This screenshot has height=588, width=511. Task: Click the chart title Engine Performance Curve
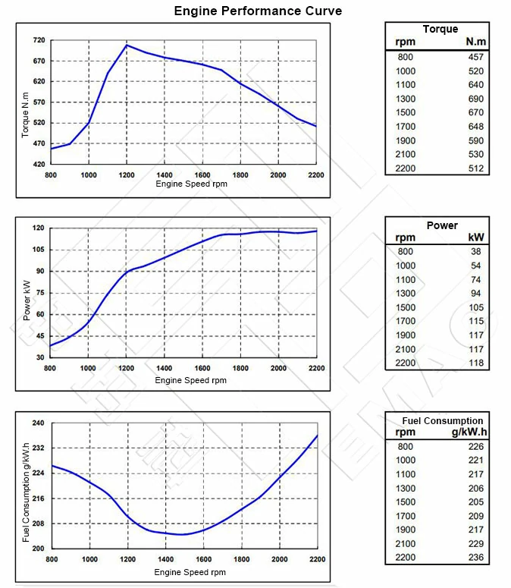(x=258, y=11)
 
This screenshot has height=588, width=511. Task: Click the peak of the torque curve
(x=127, y=46)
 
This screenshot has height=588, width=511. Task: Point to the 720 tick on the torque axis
(x=39, y=39)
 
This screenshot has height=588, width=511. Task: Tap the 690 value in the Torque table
(x=475, y=99)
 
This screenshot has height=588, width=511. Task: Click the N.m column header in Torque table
(x=475, y=42)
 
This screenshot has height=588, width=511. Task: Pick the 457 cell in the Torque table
(x=475, y=57)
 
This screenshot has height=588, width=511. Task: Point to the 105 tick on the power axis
(x=37, y=250)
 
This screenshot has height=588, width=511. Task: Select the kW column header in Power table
(x=477, y=237)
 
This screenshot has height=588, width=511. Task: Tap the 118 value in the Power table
(x=477, y=363)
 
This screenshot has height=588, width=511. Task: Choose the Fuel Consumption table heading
(x=442, y=420)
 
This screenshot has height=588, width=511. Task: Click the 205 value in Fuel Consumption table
(x=475, y=502)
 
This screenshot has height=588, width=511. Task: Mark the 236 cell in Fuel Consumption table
(x=475, y=558)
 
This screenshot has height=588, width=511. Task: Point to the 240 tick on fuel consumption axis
(x=39, y=423)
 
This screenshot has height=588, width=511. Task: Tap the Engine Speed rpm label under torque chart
(x=190, y=184)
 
